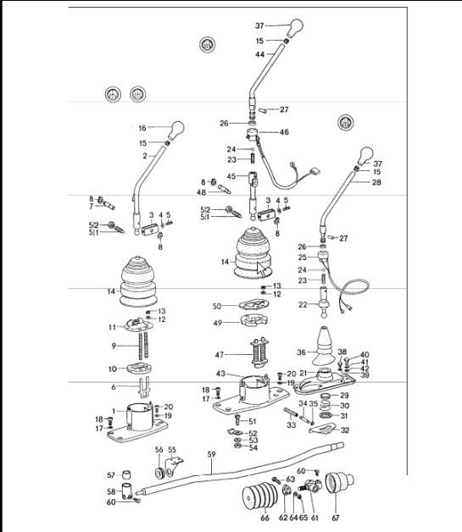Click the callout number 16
coord(142,128)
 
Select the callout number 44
coord(260,54)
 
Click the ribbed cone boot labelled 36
coord(323,346)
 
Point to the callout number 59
coord(211,454)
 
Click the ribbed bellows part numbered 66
coord(260,497)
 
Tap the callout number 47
coord(220,355)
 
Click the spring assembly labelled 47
coord(260,353)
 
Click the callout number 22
coord(303,305)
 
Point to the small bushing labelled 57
coord(126,474)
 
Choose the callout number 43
coord(220,374)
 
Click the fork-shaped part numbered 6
coord(144,387)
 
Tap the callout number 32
coord(345,430)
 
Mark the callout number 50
coord(217,306)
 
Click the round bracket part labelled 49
coord(254,320)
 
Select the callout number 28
coord(376,182)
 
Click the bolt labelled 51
coord(237,419)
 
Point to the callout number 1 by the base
coord(114,412)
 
